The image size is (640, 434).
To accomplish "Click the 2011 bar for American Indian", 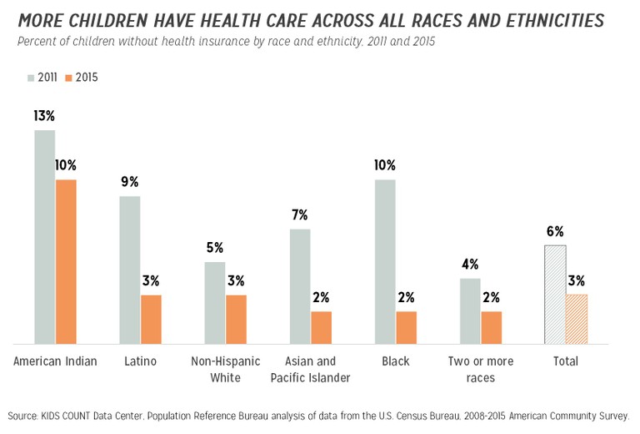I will tap(44, 237).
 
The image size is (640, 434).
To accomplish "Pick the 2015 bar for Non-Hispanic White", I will tap(236, 319).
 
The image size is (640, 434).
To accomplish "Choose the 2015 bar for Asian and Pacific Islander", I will tap(322, 327).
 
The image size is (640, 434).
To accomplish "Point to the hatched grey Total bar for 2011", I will tap(555, 295).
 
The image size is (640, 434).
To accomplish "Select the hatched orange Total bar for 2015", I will tap(577, 319).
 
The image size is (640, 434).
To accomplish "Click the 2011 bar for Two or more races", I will tap(470, 310).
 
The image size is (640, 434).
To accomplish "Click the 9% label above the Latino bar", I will tap(129, 182).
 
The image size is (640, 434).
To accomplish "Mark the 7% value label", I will tap(300, 214).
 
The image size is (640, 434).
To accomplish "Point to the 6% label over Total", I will tap(555, 231).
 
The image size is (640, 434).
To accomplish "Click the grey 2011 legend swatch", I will tap(29, 78).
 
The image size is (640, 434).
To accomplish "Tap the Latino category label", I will tap(140, 361).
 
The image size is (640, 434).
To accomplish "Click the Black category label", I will tap(396, 361).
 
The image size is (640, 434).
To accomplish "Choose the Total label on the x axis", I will tap(566, 361).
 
